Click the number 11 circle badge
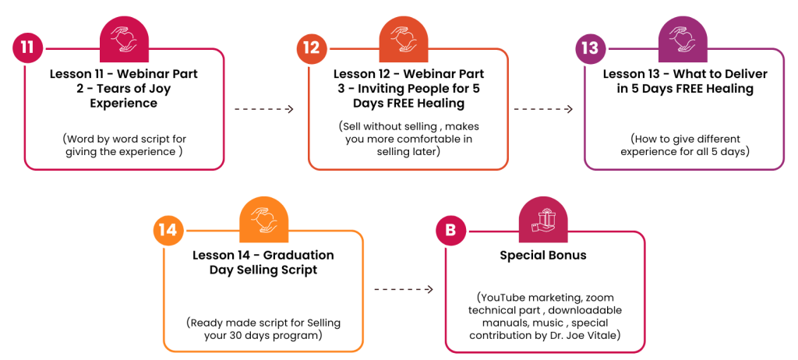(x=28, y=48)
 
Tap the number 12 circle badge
(x=312, y=48)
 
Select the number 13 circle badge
(x=590, y=48)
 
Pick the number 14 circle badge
(x=168, y=230)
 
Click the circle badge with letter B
(x=450, y=231)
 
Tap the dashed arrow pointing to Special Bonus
(x=404, y=290)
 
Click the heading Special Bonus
(x=544, y=256)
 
